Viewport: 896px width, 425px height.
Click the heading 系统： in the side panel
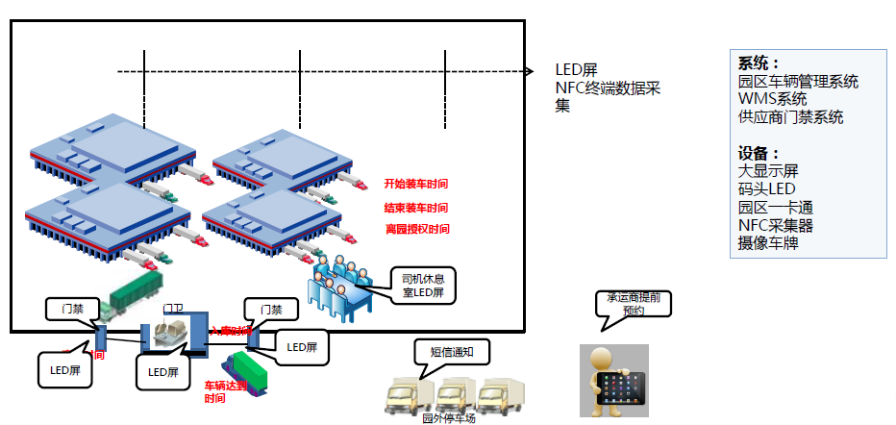point(759,63)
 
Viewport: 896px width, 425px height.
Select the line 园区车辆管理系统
point(798,82)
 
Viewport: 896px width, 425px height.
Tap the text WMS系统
point(773,99)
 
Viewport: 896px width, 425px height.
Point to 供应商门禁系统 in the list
point(790,117)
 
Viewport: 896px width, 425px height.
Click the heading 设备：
point(759,154)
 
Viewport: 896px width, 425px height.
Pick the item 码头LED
point(767,189)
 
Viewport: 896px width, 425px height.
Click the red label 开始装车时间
point(416,184)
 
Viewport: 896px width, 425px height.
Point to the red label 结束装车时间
point(416,208)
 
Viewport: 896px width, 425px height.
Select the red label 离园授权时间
point(416,230)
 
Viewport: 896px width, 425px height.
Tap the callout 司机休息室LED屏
point(423,286)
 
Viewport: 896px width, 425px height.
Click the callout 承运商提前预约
point(632,304)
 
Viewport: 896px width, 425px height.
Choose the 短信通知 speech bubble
point(450,353)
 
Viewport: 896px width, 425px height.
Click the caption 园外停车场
point(449,418)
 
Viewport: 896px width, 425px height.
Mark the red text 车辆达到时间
point(227,391)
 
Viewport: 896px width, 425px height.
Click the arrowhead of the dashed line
point(530,71)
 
